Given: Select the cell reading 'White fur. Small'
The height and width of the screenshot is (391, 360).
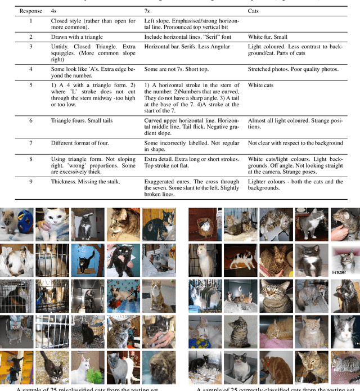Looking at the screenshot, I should pyautogui.click(x=268, y=37).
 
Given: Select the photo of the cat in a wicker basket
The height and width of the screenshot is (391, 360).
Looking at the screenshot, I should pyautogui.click(x=205, y=224).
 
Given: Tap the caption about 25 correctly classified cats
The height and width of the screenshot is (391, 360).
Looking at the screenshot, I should pyautogui.click(x=276, y=389).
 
